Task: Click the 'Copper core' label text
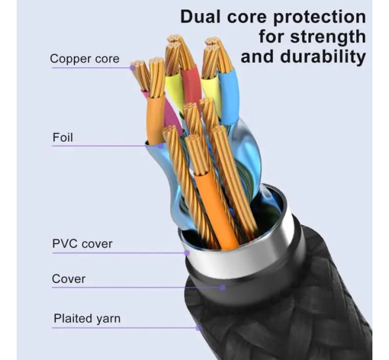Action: pos(85,59)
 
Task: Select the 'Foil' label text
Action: pos(63,137)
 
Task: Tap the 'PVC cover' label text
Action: pos(82,244)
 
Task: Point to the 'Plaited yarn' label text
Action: pos(87,319)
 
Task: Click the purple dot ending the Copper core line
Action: pos(133,67)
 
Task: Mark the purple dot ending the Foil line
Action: pos(161,146)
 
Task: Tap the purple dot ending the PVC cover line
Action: pos(187,253)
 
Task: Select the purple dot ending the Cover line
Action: pos(223,287)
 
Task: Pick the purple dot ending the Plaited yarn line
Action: pos(198,328)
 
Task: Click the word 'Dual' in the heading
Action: pos(200,17)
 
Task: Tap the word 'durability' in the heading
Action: pos(323,57)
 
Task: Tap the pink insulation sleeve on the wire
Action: pos(171,114)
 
